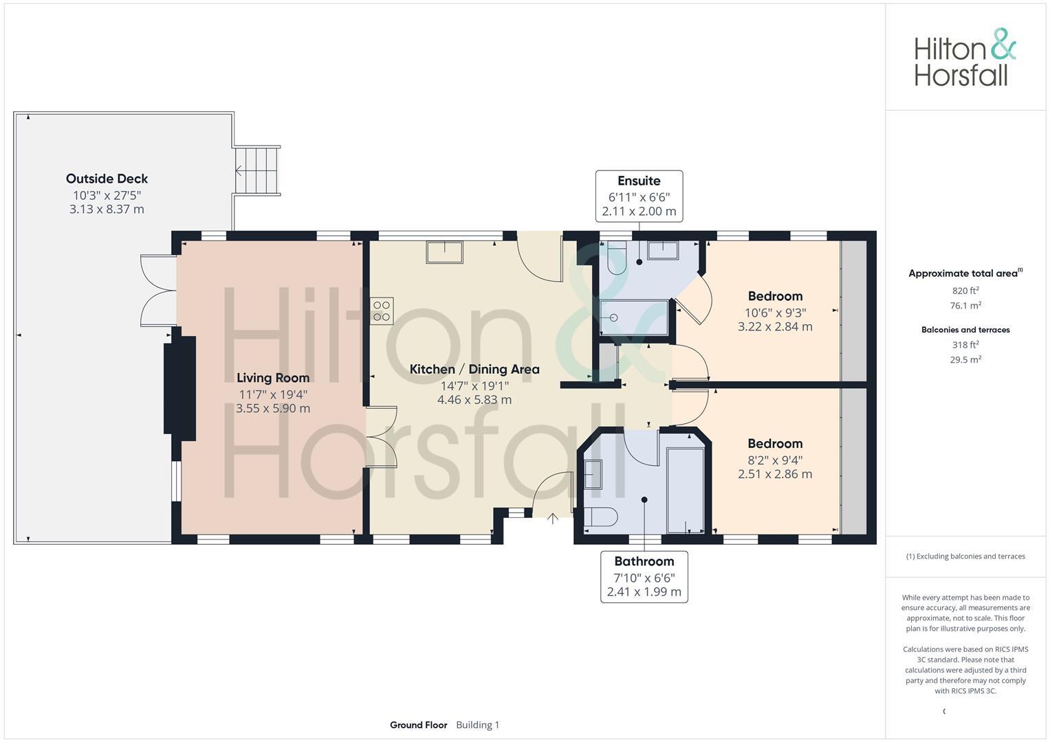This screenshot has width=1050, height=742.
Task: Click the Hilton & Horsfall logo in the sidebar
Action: click(964, 58)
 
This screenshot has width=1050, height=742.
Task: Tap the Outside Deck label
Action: click(107, 179)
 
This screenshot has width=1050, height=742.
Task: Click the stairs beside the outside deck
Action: click(256, 170)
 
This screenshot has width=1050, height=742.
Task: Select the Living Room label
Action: click(273, 378)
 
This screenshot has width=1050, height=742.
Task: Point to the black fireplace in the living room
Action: click(179, 385)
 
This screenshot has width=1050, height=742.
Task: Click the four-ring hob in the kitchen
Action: click(382, 311)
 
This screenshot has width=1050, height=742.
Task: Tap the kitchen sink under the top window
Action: click(444, 252)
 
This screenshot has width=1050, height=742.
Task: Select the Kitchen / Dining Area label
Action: click(474, 370)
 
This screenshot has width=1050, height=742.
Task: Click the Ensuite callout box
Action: click(639, 196)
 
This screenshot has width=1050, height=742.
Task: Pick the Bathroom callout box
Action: click(644, 576)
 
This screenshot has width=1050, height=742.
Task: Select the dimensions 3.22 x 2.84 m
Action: click(775, 327)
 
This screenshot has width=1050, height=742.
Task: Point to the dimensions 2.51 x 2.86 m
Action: click(775, 475)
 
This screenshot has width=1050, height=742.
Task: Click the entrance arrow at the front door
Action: click(553, 518)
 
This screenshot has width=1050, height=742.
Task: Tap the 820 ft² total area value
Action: click(965, 291)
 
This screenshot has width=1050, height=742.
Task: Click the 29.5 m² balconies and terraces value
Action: click(965, 359)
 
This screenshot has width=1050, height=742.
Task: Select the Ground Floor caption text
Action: click(418, 725)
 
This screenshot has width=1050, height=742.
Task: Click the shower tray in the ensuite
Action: click(633, 317)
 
